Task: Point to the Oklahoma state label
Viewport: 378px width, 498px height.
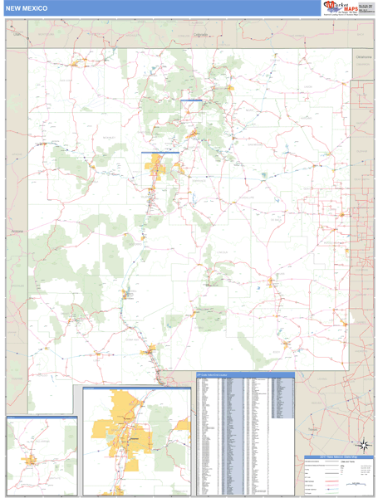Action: pos(364,56)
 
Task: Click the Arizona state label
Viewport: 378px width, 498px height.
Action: pos(17,232)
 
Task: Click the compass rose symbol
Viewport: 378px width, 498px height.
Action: pos(363,444)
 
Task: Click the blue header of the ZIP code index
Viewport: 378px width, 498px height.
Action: pos(244,373)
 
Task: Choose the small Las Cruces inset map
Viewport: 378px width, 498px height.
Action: pos(42,453)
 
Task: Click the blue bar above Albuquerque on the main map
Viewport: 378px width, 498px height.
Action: pos(160,152)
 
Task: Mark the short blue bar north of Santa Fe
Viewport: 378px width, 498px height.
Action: pos(191,100)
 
